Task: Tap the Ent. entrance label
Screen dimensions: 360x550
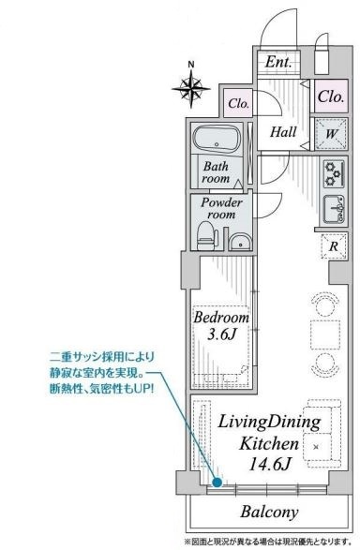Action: pyautogui.click(x=278, y=62)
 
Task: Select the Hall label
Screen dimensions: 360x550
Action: pyautogui.click(x=283, y=132)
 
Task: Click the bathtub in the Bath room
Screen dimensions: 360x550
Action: pyautogui.click(x=217, y=140)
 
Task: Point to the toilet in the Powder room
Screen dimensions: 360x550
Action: pyautogui.click(x=206, y=235)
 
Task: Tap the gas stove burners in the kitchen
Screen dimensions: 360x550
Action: pyautogui.click(x=334, y=174)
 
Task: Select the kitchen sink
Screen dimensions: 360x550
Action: pyautogui.click(x=334, y=209)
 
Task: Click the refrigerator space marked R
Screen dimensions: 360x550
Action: pyautogui.click(x=334, y=245)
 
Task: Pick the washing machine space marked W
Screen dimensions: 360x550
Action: pyautogui.click(x=331, y=134)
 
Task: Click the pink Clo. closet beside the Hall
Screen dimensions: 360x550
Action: pyautogui.click(x=239, y=103)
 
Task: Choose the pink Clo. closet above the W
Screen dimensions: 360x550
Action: pyautogui.click(x=331, y=97)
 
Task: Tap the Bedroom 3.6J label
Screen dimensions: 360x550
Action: pyautogui.click(x=221, y=326)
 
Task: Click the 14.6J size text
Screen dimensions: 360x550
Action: pyautogui.click(x=269, y=465)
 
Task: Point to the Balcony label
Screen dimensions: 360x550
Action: pyautogui.click(x=269, y=513)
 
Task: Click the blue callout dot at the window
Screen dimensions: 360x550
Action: pyautogui.click(x=217, y=483)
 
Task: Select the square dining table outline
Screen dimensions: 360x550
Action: pyautogui.click(x=325, y=334)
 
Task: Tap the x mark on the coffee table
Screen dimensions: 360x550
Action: pyautogui.click(x=317, y=447)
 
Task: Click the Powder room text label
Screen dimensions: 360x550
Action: pyautogui.click(x=221, y=208)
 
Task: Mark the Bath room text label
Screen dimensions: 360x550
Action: pyautogui.click(x=217, y=171)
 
